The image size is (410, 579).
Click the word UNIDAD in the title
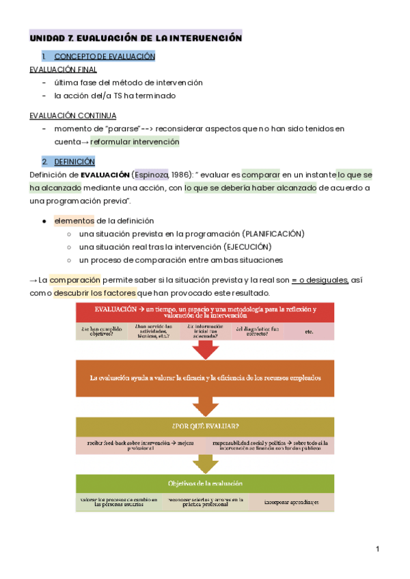[48, 39]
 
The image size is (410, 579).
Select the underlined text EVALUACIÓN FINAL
[64, 69]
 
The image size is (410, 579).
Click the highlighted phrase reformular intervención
[135, 142]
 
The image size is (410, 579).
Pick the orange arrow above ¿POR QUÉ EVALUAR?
[205, 408]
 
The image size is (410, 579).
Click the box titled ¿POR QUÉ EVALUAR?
[205, 427]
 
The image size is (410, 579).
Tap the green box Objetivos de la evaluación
[205, 483]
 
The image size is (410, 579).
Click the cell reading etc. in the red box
[309, 331]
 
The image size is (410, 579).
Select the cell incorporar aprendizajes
[292, 502]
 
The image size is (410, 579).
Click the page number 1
[377, 548]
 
